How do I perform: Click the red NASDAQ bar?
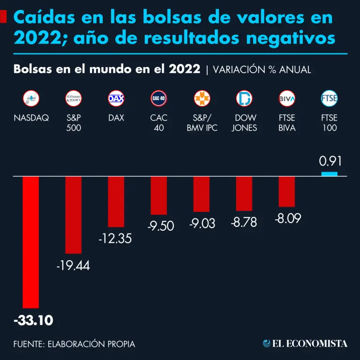click(31, 241)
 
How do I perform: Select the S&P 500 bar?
click(74, 215)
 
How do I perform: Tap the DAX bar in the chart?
click(116, 202)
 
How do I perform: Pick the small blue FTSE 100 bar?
click(330, 174)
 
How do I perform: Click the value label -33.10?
click(33, 321)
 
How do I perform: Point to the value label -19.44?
click(73, 266)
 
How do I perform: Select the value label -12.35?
click(115, 239)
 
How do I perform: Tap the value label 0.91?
click(330, 162)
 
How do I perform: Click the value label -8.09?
click(287, 218)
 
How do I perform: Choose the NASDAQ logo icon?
click(31, 98)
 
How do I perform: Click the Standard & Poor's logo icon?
click(74, 98)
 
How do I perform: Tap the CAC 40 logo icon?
click(159, 98)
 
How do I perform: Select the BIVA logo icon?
click(287, 98)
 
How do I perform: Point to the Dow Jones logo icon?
click(244, 98)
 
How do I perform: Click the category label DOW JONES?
click(244, 123)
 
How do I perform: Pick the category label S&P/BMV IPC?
click(202, 123)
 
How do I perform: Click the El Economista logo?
click(305, 344)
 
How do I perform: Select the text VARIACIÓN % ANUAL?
click(262, 70)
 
